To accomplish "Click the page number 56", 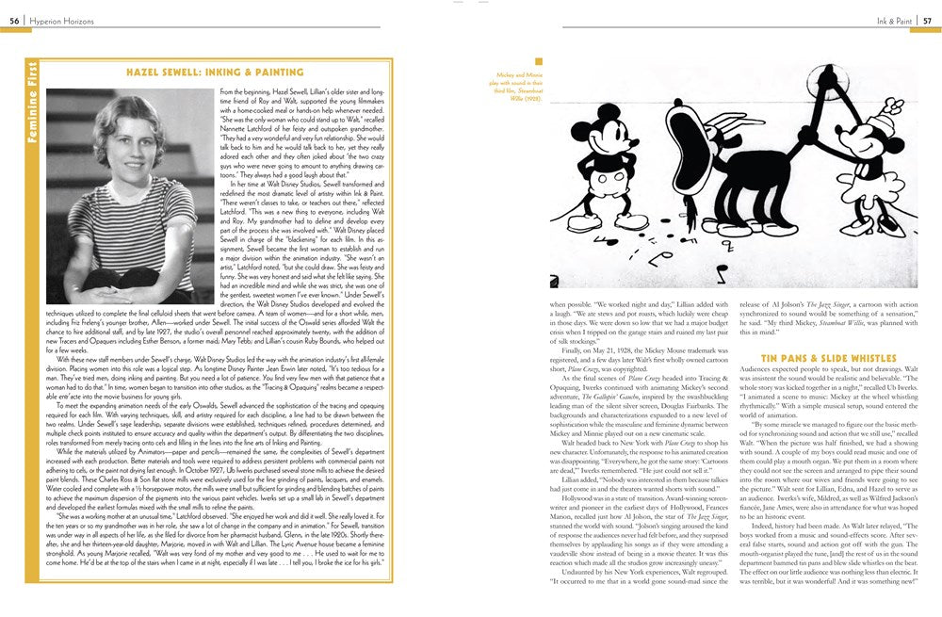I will [x=14, y=19].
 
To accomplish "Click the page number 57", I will [x=927, y=19].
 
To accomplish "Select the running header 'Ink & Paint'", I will [x=882, y=19].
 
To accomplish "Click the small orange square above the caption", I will [x=539, y=61].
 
